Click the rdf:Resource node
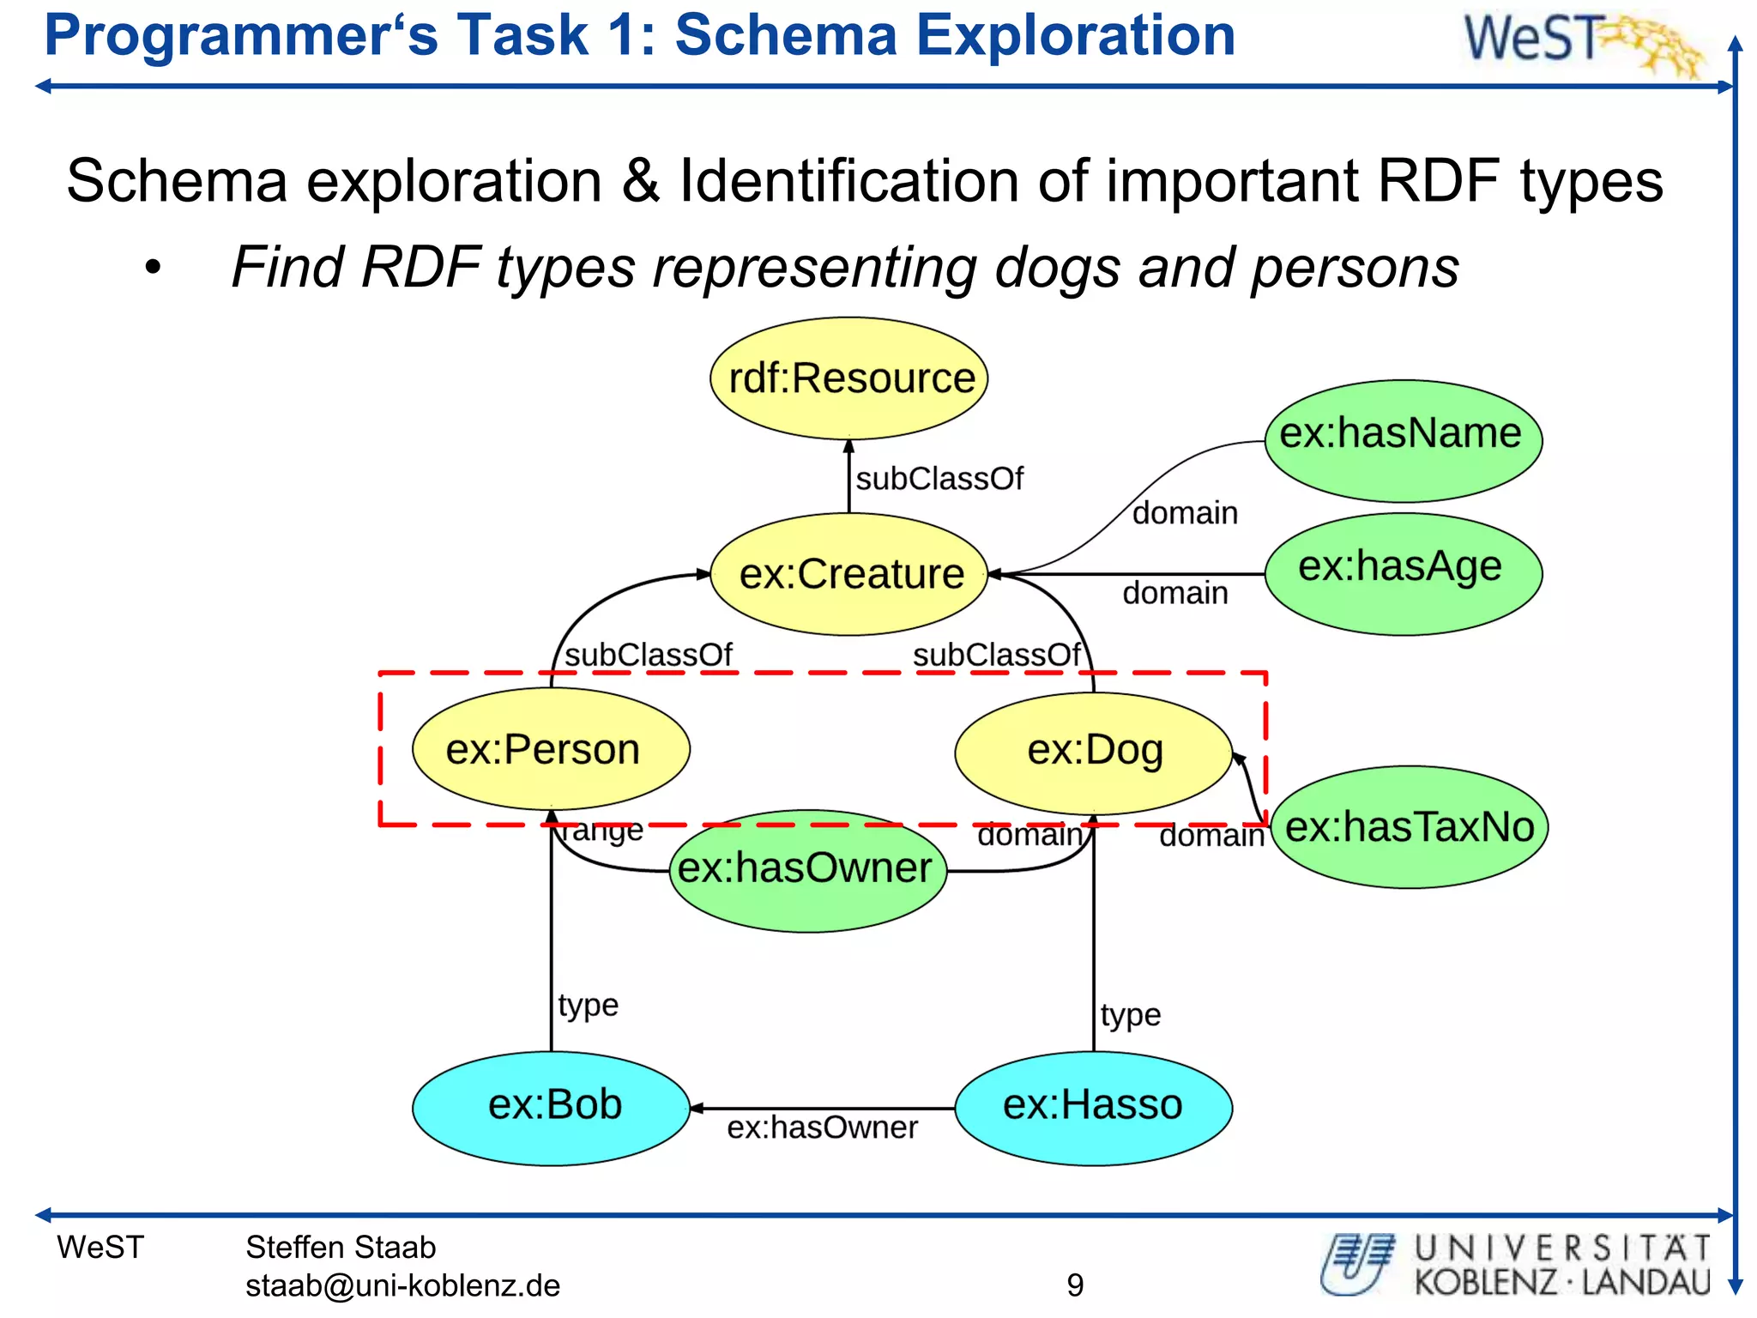pos(848,378)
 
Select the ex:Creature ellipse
pos(848,574)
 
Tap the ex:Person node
pos(551,749)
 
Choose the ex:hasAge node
pos(1403,572)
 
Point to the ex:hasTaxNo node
pos(1409,826)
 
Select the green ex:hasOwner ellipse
pos(806,869)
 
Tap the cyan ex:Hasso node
pos(1094,1106)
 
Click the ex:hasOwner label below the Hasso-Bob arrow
pos(822,1128)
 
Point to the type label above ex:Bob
pos(588,1005)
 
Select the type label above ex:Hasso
pos(1130,1015)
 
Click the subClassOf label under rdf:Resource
pos(939,479)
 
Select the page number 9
pos(1075,1285)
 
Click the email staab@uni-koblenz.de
pos(402,1285)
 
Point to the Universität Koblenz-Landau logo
pos(1517,1265)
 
